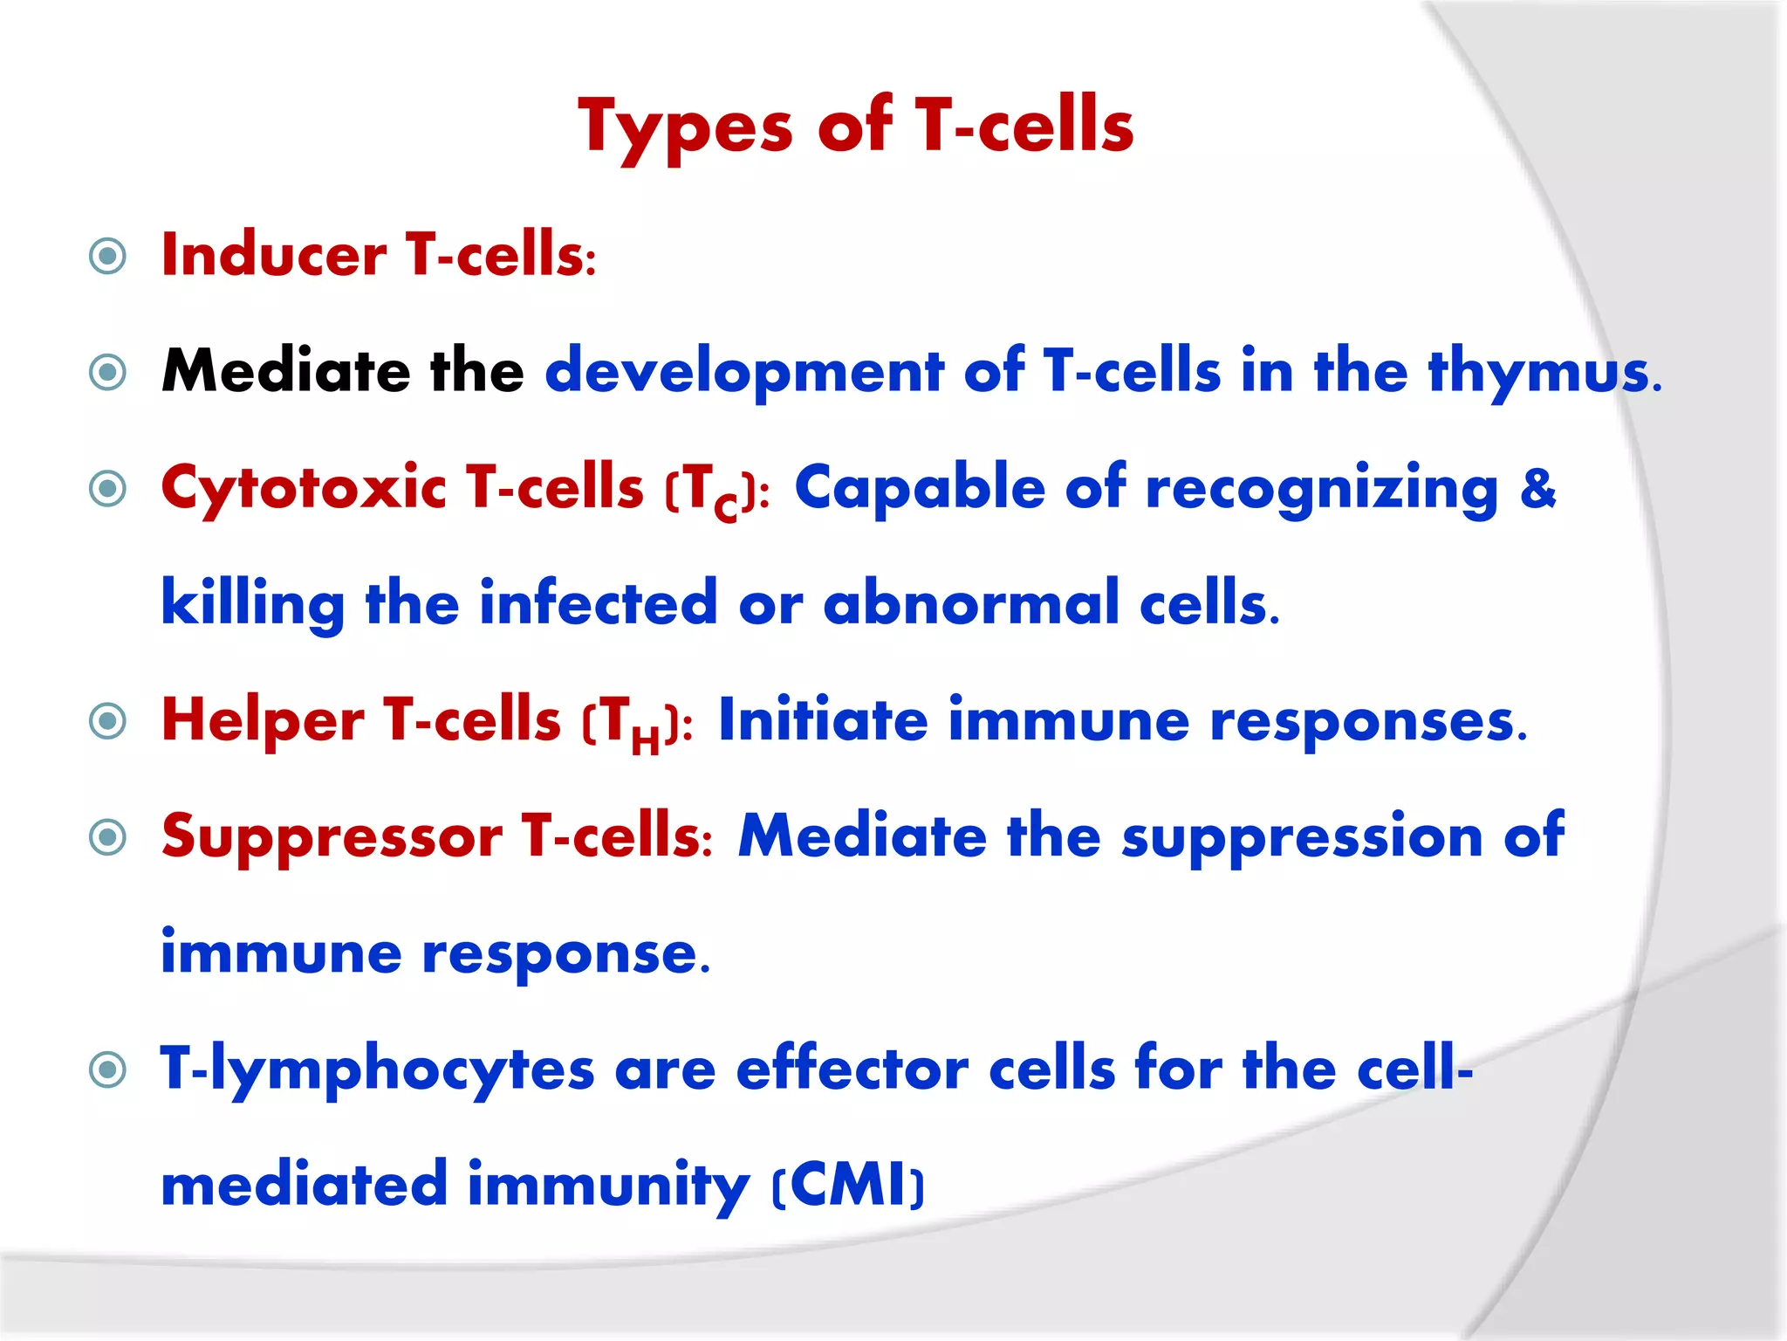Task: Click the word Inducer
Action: (x=274, y=256)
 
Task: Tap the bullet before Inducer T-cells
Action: (x=108, y=256)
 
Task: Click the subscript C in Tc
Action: (x=725, y=507)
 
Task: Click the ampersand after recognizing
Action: (x=1537, y=487)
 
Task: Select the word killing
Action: (x=253, y=604)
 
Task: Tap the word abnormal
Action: (x=970, y=604)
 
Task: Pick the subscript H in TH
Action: (x=645, y=741)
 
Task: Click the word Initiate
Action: (x=822, y=721)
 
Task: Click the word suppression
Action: (x=1301, y=836)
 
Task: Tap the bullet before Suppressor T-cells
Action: (x=108, y=837)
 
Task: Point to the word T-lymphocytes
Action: (x=377, y=1070)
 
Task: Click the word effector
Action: (x=852, y=1070)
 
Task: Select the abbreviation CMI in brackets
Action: (x=847, y=1186)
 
